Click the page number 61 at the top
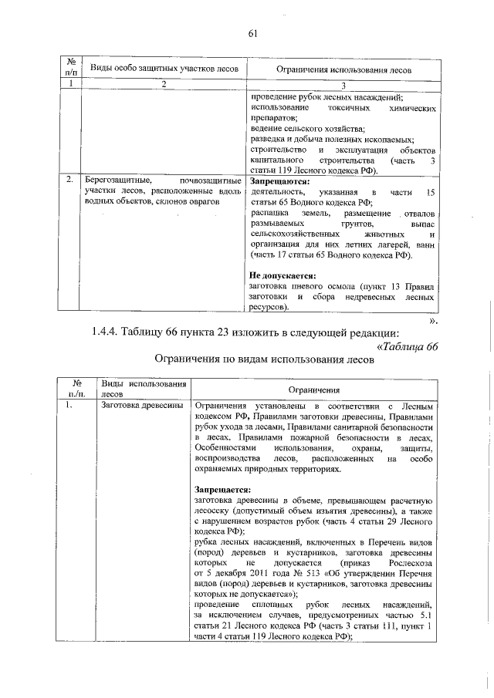(x=252, y=32)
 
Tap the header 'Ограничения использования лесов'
(x=344, y=69)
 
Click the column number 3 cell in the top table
(x=344, y=85)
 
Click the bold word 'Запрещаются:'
(x=279, y=180)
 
